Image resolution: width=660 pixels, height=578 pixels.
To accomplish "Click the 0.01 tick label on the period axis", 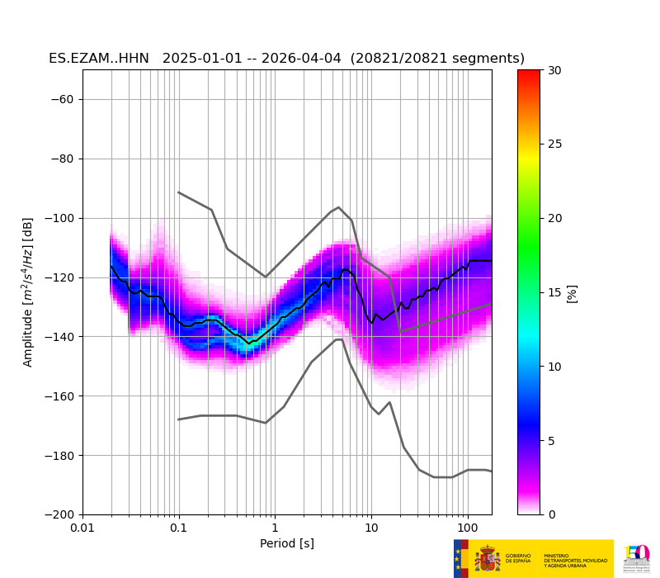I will click(x=82, y=528).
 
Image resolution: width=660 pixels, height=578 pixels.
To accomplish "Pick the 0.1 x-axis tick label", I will click(x=178, y=528).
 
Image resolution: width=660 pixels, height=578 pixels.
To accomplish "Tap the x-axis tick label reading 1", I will click(x=275, y=528).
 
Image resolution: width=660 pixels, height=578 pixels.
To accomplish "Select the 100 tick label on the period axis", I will click(x=467, y=528).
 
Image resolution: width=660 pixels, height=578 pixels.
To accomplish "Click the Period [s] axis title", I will click(x=287, y=543).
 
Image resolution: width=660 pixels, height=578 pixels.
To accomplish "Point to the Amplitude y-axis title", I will click(x=28, y=292).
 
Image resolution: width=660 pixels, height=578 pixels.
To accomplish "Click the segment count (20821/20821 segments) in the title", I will click(x=437, y=59).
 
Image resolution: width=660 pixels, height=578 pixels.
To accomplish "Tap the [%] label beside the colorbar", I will click(x=573, y=292).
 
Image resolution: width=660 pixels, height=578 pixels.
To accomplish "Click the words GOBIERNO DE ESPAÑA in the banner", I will click(x=518, y=558).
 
